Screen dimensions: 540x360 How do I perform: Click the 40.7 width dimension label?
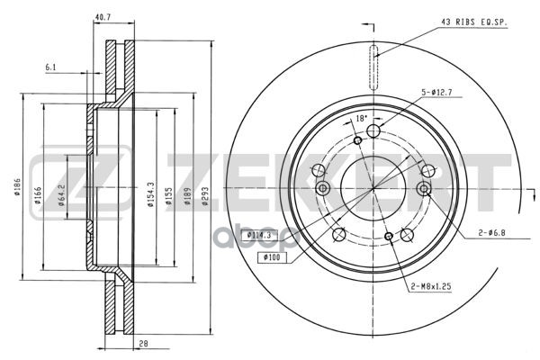point(103,17)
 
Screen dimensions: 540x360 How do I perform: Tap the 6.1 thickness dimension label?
point(50,67)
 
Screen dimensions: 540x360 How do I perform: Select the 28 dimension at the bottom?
point(143,344)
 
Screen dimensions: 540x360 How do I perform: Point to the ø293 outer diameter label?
point(205,196)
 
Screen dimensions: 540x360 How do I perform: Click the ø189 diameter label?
point(187,196)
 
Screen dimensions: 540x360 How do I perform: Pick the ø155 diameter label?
point(169,196)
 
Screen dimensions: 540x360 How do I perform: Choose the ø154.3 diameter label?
point(150,194)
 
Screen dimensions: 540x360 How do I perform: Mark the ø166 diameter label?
point(38,195)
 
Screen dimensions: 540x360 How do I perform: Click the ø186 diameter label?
point(18,186)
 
